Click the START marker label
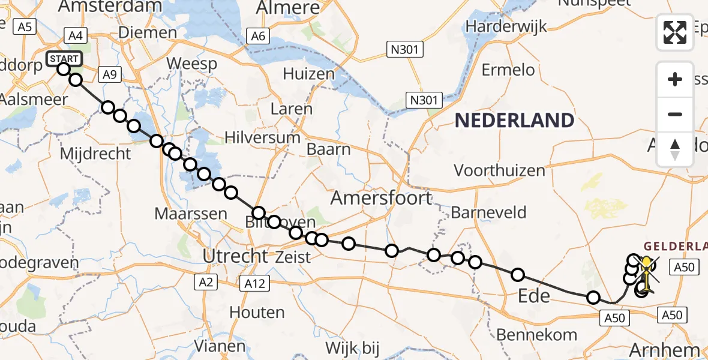click(x=64, y=59)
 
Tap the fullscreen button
click(x=675, y=32)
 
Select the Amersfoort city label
click(x=381, y=197)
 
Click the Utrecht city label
click(x=235, y=256)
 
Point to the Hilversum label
click(x=262, y=137)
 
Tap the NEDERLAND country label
click(x=514, y=121)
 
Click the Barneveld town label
click(x=488, y=212)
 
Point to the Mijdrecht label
click(x=95, y=154)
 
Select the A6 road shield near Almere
click(x=258, y=37)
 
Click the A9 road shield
click(x=109, y=74)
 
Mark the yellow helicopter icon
click(x=647, y=270)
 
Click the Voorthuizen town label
click(x=499, y=170)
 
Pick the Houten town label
click(x=256, y=312)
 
